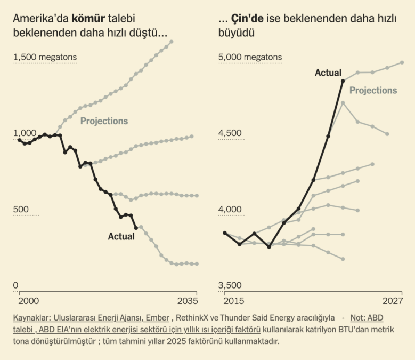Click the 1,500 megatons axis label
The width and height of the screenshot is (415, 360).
point(45,58)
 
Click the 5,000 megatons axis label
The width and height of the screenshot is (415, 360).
point(250,58)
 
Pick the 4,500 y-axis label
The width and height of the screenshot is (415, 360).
point(231,133)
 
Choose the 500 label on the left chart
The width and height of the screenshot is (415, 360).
point(20,210)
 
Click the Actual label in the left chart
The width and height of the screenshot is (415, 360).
point(121,236)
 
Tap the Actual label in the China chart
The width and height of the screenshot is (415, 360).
point(328,73)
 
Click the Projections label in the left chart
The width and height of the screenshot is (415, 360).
point(104,121)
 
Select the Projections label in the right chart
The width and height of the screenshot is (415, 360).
point(373,91)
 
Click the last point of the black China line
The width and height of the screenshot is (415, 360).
point(343,81)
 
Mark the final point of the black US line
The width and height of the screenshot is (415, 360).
point(136,228)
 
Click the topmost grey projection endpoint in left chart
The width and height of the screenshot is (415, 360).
point(171,42)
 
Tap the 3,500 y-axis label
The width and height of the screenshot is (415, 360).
point(231,285)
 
